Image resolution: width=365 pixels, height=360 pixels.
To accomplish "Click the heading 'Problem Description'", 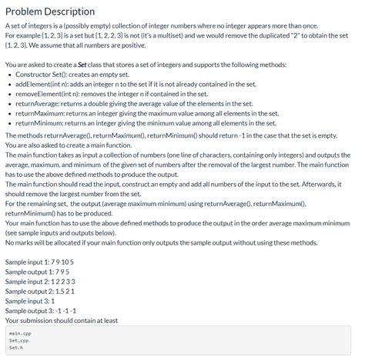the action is [49, 12].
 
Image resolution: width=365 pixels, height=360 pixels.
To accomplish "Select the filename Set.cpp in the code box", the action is [18, 340].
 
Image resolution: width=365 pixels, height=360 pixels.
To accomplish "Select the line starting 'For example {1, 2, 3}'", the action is [177, 36].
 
